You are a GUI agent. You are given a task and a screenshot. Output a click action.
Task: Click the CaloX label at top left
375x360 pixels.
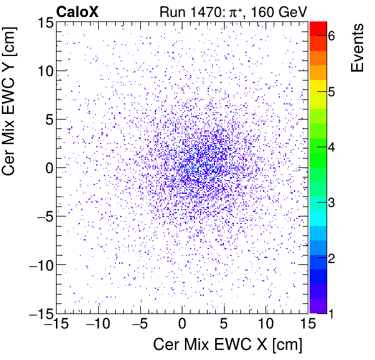tap(78, 11)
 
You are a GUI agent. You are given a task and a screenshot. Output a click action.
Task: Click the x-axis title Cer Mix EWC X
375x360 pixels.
tap(228, 345)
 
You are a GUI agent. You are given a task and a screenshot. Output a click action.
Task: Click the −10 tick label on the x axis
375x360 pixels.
tap(98, 325)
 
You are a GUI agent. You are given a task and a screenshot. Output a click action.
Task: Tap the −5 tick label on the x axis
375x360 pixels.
tap(140, 325)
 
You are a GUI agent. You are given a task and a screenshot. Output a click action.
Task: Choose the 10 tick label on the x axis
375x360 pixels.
tap(267, 325)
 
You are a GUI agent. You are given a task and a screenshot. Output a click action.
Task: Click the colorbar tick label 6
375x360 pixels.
tap(331, 37)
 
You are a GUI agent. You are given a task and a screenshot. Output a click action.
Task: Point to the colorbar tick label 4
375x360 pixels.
tap(331, 148)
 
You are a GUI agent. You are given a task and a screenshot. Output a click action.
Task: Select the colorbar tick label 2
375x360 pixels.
tap(331, 259)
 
